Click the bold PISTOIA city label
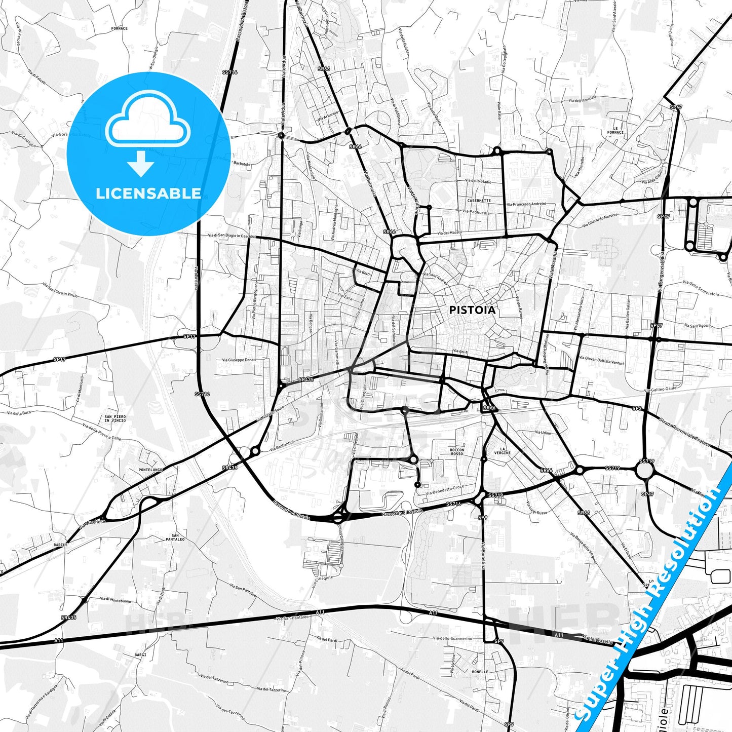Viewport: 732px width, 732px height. click(x=472, y=310)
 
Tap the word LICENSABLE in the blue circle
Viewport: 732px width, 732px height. click(x=148, y=193)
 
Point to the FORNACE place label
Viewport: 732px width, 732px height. click(x=119, y=28)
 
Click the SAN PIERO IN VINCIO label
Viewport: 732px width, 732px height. click(x=115, y=418)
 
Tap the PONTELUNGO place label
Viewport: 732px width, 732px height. click(x=150, y=470)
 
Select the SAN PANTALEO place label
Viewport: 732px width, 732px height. click(x=175, y=537)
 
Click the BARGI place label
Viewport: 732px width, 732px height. click(x=140, y=654)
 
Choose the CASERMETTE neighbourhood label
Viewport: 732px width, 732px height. click(x=479, y=201)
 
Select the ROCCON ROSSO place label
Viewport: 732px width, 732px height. click(x=456, y=451)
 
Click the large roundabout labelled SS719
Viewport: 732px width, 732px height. click(x=645, y=471)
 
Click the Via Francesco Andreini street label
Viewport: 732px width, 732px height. click(x=526, y=205)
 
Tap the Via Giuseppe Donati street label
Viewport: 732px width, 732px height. click(x=239, y=360)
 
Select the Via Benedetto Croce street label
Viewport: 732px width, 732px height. click(x=444, y=490)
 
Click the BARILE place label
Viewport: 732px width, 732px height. click(x=60, y=545)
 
